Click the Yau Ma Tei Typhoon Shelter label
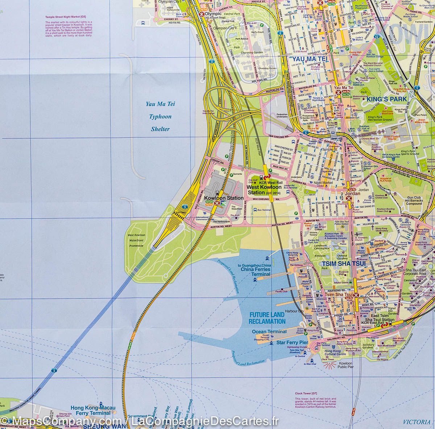(x=160, y=117)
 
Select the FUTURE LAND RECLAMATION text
(x=267, y=318)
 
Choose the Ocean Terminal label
(x=269, y=331)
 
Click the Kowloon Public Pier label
(x=345, y=365)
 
